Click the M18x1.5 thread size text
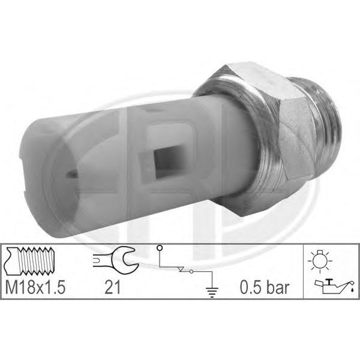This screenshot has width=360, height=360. [35, 287]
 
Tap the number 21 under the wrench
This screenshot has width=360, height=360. [113, 287]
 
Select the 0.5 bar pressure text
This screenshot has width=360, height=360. [265, 287]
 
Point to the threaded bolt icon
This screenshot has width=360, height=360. [29, 261]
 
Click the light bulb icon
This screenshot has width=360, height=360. [320, 262]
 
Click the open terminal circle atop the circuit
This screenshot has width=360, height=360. [160, 248]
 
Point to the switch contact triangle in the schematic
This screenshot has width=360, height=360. [181, 269]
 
